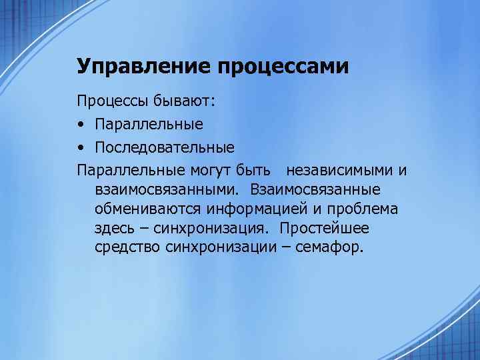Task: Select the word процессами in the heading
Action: pos(283,67)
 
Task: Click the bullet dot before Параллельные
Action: pos(81,125)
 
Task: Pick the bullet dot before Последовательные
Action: pos(81,146)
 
